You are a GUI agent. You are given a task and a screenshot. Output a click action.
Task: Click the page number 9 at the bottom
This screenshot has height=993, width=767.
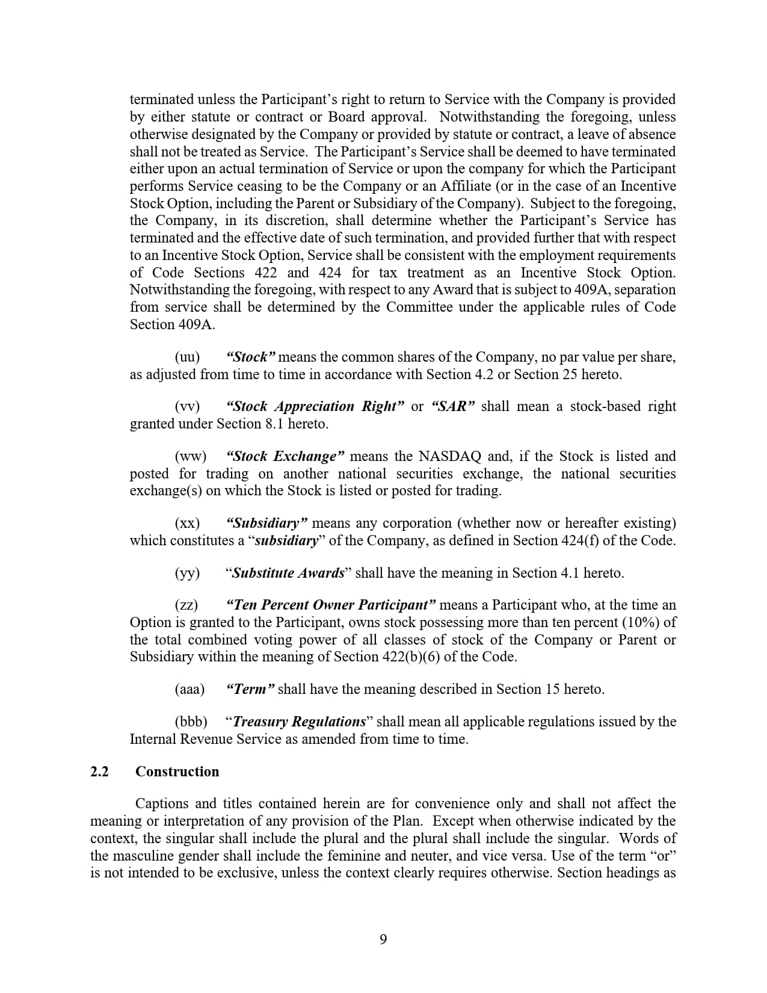click(x=383, y=939)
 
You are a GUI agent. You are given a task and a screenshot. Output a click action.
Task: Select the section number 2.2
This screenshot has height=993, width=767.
click(x=99, y=772)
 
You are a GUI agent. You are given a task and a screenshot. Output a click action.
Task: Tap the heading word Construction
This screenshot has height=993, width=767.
click(x=177, y=772)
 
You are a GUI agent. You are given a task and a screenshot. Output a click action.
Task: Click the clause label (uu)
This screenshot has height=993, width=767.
click(x=187, y=357)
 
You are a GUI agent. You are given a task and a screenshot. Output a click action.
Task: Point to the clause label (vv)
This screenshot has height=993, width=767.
click(x=187, y=407)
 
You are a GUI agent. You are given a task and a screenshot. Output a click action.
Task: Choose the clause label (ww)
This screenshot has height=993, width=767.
click(x=190, y=457)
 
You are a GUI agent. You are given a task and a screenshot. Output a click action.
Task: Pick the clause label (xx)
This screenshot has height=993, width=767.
click(x=187, y=523)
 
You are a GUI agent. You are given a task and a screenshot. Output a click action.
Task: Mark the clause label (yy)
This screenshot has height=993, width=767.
click(x=187, y=573)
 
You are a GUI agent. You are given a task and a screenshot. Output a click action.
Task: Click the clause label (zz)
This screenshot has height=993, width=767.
click(x=186, y=605)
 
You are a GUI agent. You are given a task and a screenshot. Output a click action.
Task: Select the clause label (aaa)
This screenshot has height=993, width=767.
click(x=189, y=689)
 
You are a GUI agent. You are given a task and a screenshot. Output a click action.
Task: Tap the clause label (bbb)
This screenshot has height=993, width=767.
click(x=191, y=722)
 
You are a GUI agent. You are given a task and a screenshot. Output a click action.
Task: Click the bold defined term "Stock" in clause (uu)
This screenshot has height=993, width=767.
click(x=251, y=357)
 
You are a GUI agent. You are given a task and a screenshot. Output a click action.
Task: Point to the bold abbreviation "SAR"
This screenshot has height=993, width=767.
click(x=453, y=407)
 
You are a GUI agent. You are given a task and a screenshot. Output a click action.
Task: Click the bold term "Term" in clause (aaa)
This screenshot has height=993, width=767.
click(x=250, y=689)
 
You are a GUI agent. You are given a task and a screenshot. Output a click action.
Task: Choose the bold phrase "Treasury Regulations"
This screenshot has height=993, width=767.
click(x=299, y=722)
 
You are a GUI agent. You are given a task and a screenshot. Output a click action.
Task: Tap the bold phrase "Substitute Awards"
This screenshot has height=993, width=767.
click(x=288, y=573)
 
